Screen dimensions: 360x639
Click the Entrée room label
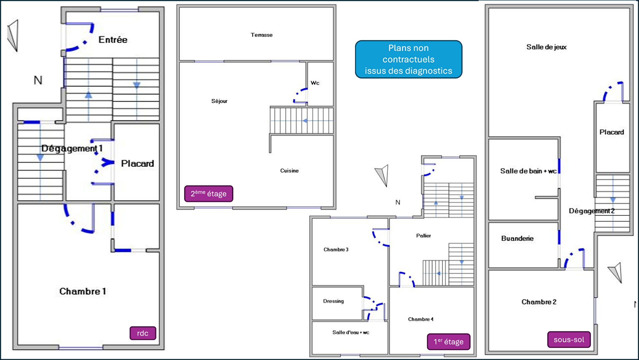[x=113, y=40]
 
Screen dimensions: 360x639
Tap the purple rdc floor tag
[x=143, y=333]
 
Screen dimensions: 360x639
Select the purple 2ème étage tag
[x=208, y=194]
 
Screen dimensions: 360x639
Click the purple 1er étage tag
[x=449, y=342]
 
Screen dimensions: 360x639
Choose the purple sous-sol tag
[x=569, y=340]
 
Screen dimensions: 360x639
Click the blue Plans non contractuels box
[x=409, y=59]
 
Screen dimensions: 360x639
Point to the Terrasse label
[x=261, y=35]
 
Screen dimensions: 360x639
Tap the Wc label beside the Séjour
[x=315, y=83]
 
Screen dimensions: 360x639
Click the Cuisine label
[x=289, y=171]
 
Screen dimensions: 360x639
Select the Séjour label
[x=219, y=101]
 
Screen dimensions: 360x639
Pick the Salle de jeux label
[x=546, y=47]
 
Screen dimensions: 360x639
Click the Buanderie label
[x=517, y=238]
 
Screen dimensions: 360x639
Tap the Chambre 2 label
[x=539, y=302]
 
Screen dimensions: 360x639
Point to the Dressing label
[x=333, y=301]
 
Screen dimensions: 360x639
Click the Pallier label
[x=424, y=236]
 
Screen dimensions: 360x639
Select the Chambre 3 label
[x=336, y=250]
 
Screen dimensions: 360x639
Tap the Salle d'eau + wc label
[x=351, y=332]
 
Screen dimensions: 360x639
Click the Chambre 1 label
[x=82, y=291]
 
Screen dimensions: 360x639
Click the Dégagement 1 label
[x=72, y=148]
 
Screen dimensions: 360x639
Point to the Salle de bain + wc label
[x=528, y=171]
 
